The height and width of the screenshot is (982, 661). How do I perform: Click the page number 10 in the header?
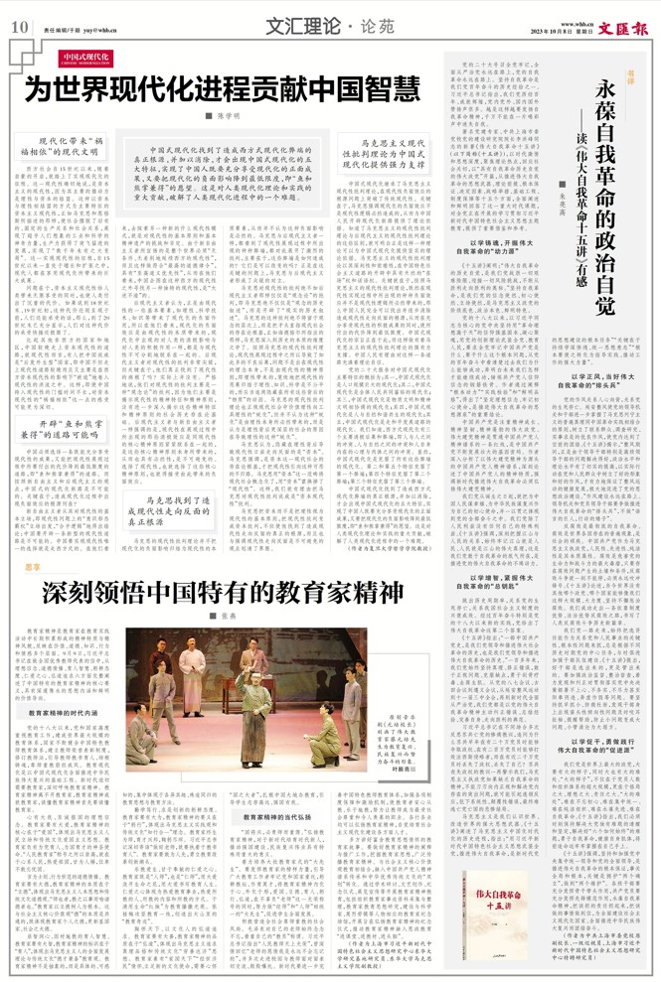[x=18, y=28]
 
